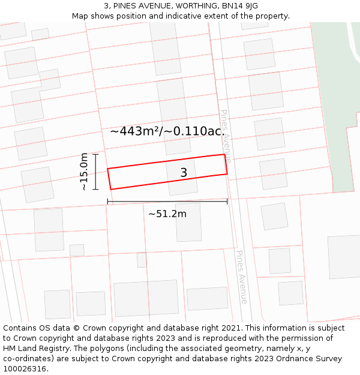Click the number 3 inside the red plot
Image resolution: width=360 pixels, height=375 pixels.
click(x=184, y=173)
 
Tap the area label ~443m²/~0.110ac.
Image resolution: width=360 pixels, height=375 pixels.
click(x=167, y=131)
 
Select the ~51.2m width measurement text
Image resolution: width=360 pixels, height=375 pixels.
click(x=167, y=214)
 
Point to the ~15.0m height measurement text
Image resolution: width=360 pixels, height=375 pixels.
click(x=84, y=172)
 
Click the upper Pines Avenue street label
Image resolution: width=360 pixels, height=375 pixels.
click(x=226, y=136)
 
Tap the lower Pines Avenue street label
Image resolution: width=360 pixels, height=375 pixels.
click(x=241, y=277)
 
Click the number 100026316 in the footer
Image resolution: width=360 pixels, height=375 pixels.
click(x=23, y=369)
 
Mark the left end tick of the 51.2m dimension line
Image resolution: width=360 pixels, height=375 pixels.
click(x=108, y=202)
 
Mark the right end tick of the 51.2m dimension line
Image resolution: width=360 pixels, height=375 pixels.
click(x=227, y=202)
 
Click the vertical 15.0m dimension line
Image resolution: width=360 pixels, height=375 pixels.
click(x=95, y=172)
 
